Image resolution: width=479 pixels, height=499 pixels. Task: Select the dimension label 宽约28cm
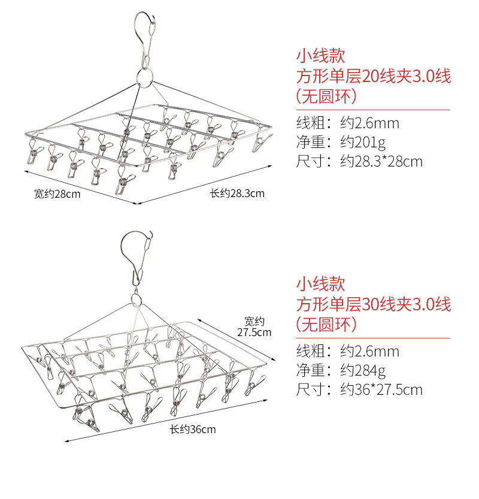(57, 193)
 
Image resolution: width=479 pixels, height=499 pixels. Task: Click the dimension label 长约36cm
(192, 429)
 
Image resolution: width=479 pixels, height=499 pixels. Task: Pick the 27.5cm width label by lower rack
(254, 326)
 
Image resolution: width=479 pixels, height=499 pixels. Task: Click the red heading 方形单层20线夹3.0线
(373, 76)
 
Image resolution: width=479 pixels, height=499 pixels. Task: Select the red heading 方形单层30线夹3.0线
(373, 304)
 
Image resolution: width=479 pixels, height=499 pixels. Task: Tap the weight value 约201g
(363, 143)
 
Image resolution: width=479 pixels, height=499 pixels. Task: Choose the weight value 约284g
(363, 370)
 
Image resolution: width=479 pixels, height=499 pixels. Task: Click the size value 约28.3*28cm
(381, 162)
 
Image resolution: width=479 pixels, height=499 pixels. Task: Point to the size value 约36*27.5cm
(381, 390)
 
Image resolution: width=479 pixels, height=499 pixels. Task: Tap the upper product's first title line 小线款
(321, 56)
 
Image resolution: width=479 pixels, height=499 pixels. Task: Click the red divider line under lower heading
(373, 338)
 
